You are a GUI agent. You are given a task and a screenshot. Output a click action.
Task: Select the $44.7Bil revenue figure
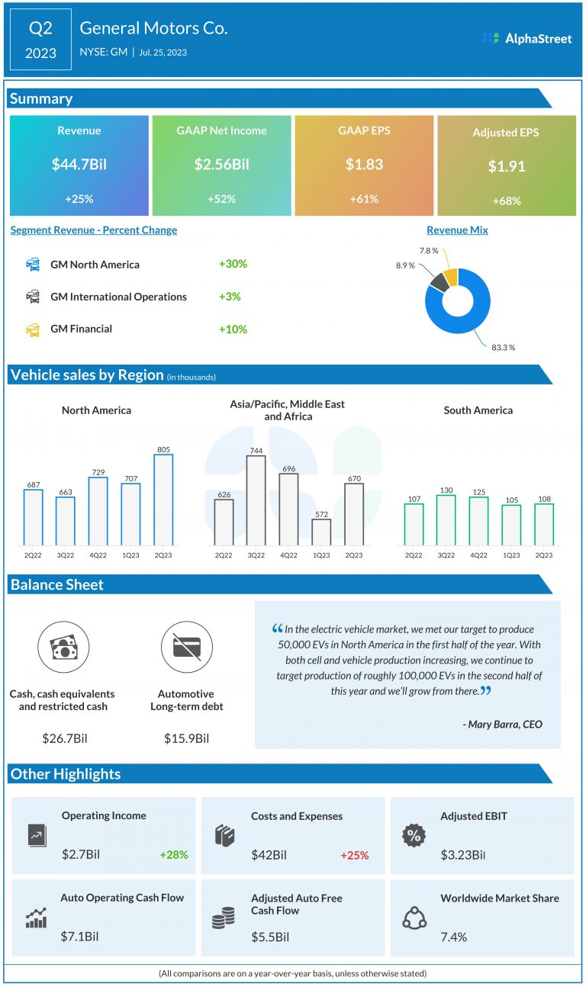click(79, 164)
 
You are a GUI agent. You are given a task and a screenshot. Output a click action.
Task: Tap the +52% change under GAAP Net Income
click(221, 199)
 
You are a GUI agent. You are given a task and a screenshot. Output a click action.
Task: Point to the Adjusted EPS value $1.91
click(506, 166)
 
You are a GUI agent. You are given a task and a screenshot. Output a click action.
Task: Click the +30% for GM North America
click(233, 264)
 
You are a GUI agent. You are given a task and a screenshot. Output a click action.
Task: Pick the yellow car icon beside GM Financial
click(33, 330)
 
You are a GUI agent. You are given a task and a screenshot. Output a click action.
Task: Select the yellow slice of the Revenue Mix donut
click(450, 277)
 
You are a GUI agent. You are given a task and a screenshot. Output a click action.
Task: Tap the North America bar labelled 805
click(163, 500)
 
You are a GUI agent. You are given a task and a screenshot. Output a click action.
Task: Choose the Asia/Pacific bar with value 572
click(321, 532)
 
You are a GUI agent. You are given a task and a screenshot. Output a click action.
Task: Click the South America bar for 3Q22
click(446, 519)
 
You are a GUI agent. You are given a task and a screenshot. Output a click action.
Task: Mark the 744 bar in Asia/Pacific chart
click(256, 500)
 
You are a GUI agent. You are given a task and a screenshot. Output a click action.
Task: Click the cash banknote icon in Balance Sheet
click(62, 648)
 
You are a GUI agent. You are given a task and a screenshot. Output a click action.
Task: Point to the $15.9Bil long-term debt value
click(186, 738)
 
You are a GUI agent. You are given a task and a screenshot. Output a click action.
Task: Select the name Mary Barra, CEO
click(502, 724)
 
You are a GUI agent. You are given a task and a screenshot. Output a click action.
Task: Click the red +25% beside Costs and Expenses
click(354, 855)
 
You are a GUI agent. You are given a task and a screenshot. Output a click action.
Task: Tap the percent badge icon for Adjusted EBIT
click(414, 835)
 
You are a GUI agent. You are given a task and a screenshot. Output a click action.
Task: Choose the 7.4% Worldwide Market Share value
click(454, 937)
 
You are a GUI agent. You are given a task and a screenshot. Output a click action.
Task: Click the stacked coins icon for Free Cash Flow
click(223, 918)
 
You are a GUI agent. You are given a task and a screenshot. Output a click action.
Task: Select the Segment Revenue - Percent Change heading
click(94, 230)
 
